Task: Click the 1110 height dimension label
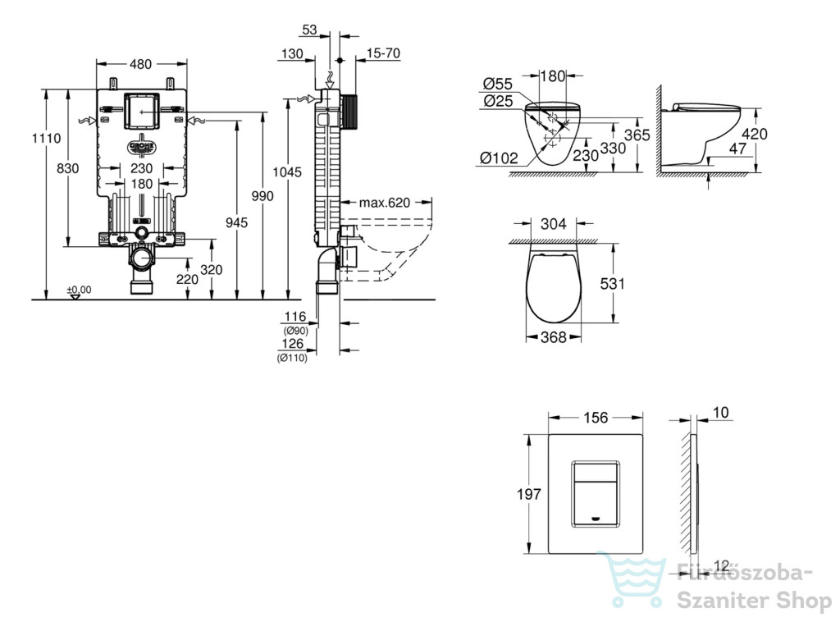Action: [x=46, y=138]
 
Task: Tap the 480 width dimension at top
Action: [x=140, y=64]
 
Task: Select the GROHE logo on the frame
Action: [x=141, y=147]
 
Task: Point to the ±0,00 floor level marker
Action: [x=79, y=290]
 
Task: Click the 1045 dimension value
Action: [x=287, y=172]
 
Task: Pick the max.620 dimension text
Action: [x=385, y=203]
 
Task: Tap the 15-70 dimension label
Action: [x=384, y=53]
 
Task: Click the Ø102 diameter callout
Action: [x=500, y=158]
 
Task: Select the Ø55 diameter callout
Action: [x=498, y=84]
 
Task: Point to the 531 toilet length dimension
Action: [x=612, y=283]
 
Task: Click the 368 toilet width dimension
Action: [x=554, y=337]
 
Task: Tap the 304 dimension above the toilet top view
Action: [x=554, y=223]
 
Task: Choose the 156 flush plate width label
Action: [x=596, y=418]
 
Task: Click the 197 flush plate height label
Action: [x=529, y=494]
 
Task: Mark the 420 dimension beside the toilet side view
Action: [x=755, y=134]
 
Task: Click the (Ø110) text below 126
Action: [x=293, y=357]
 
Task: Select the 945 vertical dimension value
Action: [x=236, y=222]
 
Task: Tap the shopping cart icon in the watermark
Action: [x=634, y=581]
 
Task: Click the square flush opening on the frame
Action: [x=142, y=112]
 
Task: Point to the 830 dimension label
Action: [x=67, y=168]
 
